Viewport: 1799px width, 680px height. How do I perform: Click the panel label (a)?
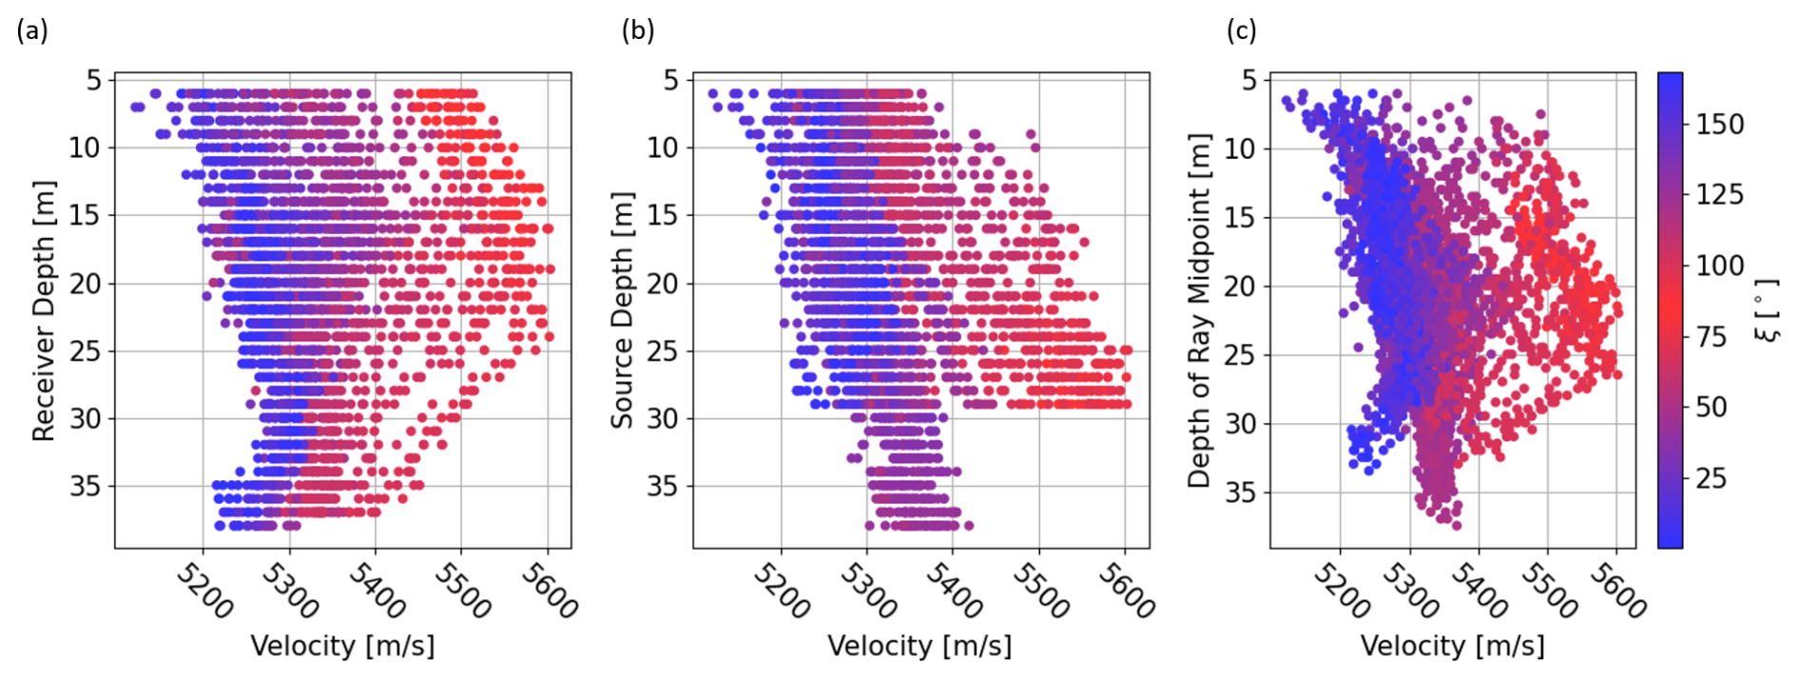pos(31,30)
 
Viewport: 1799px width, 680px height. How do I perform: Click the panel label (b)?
pos(637,30)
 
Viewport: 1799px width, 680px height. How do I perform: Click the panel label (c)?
pos(1241,30)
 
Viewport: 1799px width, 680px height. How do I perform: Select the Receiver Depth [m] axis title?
pos(44,310)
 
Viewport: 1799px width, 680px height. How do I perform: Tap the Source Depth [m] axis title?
pos(622,310)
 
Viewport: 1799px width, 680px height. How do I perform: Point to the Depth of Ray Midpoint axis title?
pos(1200,310)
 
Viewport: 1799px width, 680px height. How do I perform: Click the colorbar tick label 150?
pos(1719,125)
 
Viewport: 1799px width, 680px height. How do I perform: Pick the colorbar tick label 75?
pos(1711,337)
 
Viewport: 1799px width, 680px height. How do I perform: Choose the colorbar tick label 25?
pos(1711,477)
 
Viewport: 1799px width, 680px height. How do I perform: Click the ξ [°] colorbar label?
pos(1767,310)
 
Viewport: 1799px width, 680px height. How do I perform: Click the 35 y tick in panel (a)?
pos(85,486)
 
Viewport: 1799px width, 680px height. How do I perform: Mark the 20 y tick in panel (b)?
pos(663,283)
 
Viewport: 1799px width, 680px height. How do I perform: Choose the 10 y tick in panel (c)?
pos(1241,148)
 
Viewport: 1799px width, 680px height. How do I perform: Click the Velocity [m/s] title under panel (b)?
pos(919,647)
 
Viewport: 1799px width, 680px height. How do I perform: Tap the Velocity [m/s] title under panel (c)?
pos(1452,647)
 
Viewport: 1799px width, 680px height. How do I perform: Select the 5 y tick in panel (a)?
pos(93,80)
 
